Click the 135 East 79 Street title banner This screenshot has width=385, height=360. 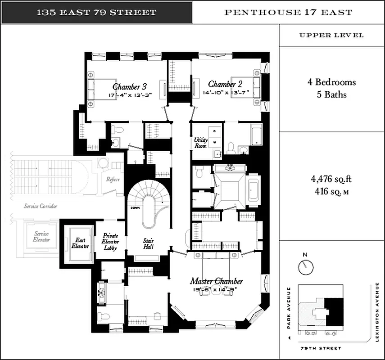[96, 12]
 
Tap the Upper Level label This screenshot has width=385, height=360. [331, 36]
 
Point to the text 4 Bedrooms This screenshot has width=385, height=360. [332, 82]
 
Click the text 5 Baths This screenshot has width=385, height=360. [332, 95]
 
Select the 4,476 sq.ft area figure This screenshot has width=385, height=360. [331, 179]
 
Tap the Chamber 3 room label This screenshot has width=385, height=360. [130, 86]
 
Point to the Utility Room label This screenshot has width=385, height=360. [200, 143]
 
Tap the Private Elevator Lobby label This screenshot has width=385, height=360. [110, 242]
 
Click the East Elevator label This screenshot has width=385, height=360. [80, 243]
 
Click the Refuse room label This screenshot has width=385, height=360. [113, 179]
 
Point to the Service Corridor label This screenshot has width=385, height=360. [41, 207]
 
